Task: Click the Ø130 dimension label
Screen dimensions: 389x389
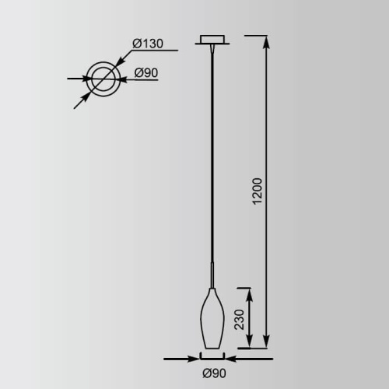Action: (x=147, y=44)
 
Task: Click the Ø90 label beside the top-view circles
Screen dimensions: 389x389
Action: (x=146, y=73)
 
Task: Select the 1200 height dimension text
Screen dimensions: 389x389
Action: (x=258, y=191)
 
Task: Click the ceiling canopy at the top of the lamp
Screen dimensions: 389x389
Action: (x=212, y=39)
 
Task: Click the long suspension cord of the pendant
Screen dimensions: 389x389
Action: (x=212, y=156)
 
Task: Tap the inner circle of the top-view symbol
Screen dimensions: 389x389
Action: (x=103, y=79)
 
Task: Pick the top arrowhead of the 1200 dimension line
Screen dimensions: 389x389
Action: (x=267, y=42)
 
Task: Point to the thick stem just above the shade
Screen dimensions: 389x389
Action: (x=212, y=276)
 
